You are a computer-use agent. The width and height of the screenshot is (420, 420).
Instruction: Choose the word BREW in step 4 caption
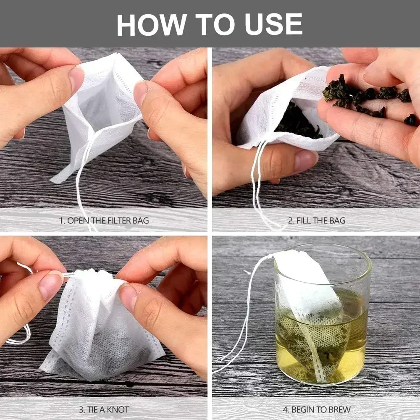(x=338, y=409)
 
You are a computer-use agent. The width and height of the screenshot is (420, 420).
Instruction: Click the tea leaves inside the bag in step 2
(x=298, y=122)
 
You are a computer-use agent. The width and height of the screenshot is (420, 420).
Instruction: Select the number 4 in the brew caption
(x=286, y=409)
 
